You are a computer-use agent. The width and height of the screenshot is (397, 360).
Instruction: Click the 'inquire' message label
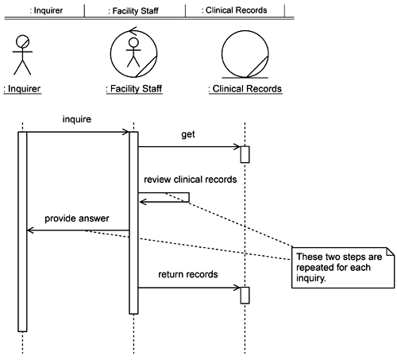click(77, 119)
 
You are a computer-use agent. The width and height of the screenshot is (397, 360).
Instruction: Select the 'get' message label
click(188, 134)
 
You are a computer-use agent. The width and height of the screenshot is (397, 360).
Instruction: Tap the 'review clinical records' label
click(191, 180)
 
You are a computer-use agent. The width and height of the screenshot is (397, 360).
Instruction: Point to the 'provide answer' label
click(77, 219)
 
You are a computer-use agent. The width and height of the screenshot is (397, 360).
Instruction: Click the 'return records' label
click(188, 274)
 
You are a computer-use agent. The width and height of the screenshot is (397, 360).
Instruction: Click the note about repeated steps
click(343, 268)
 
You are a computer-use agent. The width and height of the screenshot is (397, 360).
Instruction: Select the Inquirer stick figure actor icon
click(22, 55)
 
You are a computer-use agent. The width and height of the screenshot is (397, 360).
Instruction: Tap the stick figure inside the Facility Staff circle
click(133, 52)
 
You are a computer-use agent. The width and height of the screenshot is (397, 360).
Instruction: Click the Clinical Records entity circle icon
click(245, 54)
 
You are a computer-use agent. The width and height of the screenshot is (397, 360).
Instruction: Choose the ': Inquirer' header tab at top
click(46, 10)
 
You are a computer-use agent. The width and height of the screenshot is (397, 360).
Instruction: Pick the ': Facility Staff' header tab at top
click(133, 11)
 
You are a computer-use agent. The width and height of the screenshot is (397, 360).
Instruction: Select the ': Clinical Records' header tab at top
click(234, 10)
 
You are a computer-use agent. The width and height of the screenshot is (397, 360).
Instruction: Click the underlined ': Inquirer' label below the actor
click(22, 89)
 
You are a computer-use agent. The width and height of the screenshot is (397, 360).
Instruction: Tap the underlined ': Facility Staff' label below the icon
click(134, 89)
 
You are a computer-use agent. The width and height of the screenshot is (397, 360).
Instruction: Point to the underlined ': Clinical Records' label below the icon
click(245, 89)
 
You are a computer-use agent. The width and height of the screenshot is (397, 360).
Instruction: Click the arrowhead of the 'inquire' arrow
click(126, 132)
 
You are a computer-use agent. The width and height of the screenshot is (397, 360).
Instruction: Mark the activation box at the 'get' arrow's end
click(245, 154)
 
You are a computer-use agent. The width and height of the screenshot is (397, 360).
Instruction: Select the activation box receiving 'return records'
click(245, 296)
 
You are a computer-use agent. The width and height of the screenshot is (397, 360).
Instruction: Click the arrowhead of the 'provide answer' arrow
click(29, 230)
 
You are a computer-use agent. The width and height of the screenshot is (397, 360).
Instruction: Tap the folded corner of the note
click(390, 252)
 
